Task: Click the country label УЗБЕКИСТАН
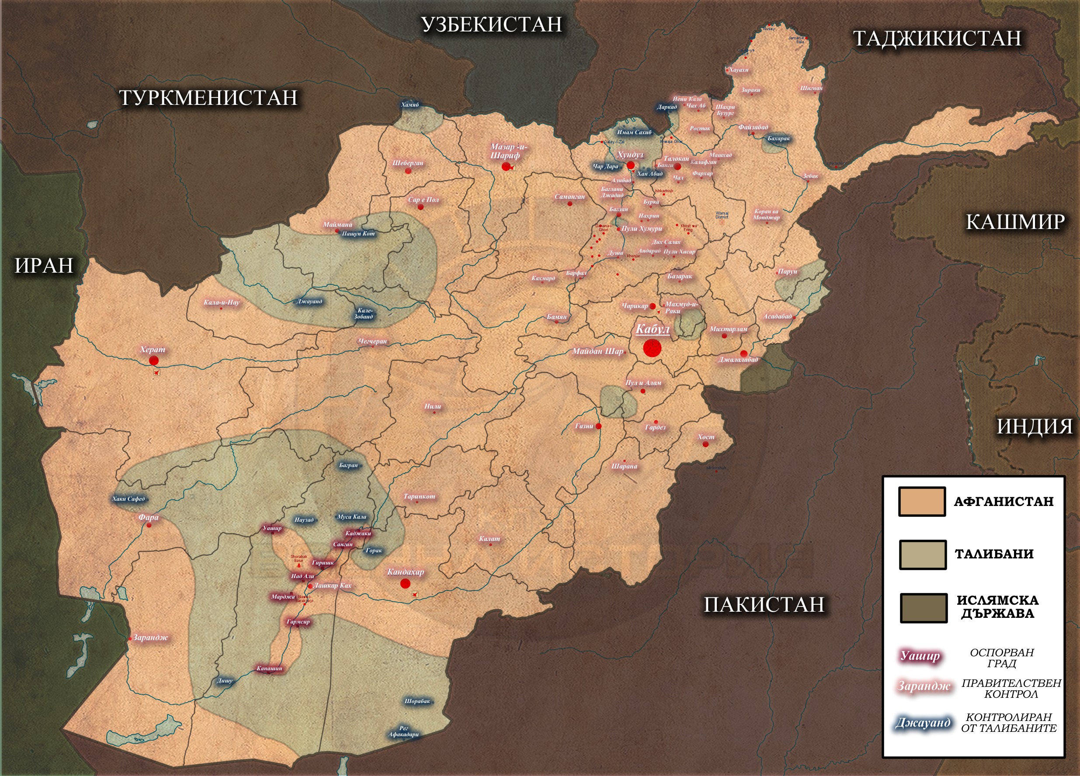[491, 25]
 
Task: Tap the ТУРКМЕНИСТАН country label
[208, 98]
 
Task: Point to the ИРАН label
[44, 266]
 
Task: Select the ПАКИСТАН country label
[764, 605]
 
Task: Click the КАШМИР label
[1015, 222]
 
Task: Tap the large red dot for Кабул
[652, 348]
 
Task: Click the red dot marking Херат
[153, 360]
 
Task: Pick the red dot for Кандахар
[405, 584]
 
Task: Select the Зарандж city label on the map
[150, 637]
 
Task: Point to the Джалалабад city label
[738, 360]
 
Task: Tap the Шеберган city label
[408, 163]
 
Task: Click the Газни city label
[584, 426]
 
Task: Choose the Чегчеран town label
[372, 341]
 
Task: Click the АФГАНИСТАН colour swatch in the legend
[921, 501]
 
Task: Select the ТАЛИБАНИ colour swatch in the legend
[922, 554]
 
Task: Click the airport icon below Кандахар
[415, 594]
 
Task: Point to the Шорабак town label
[417, 701]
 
